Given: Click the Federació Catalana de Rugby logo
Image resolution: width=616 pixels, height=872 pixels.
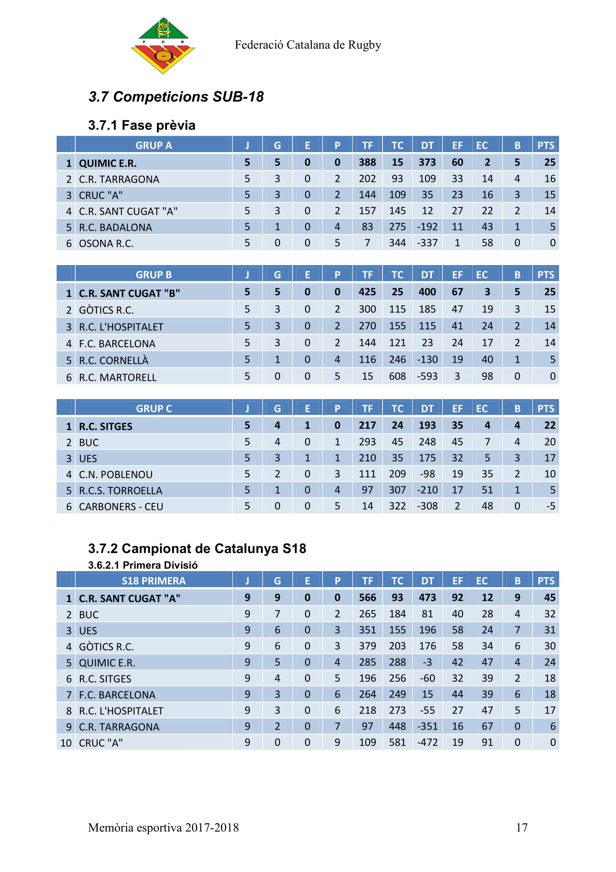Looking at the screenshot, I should (x=163, y=45).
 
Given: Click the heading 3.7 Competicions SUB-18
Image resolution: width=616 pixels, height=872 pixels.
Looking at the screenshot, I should (x=176, y=97).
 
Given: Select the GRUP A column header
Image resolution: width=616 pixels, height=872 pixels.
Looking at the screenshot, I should (x=153, y=145).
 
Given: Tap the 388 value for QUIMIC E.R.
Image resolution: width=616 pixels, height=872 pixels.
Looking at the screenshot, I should (x=367, y=163).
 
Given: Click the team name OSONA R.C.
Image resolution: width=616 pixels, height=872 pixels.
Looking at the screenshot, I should (x=106, y=243).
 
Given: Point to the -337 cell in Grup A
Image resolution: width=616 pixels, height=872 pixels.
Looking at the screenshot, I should (x=427, y=243).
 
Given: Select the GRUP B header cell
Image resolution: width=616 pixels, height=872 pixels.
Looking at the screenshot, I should (x=153, y=275).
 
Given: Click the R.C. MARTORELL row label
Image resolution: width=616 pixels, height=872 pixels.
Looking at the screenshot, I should (x=118, y=378).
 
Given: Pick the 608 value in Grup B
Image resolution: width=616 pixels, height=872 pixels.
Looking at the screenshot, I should (x=397, y=377).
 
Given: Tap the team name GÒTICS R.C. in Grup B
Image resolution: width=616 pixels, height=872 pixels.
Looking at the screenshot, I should (x=106, y=310).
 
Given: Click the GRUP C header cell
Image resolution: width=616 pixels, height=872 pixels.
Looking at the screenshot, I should (x=153, y=409).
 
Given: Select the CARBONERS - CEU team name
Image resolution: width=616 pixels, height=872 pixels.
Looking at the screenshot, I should (x=121, y=507).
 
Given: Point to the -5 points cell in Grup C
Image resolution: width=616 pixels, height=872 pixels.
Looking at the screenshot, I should (x=550, y=506).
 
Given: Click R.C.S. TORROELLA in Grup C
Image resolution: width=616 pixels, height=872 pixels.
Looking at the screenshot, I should (x=120, y=491).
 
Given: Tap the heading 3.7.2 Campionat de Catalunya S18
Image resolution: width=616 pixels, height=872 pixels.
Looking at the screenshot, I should (x=197, y=548).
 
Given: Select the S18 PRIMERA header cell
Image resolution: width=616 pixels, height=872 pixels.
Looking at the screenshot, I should (x=153, y=581).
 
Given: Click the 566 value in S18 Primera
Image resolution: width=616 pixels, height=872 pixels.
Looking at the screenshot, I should (x=367, y=598).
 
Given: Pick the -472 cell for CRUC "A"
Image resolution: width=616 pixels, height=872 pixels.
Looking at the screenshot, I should (x=427, y=743).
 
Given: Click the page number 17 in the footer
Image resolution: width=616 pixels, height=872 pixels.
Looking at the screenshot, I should (x=521, y=828).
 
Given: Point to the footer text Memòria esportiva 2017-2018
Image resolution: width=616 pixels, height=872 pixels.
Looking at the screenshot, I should (x=163, y=828).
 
